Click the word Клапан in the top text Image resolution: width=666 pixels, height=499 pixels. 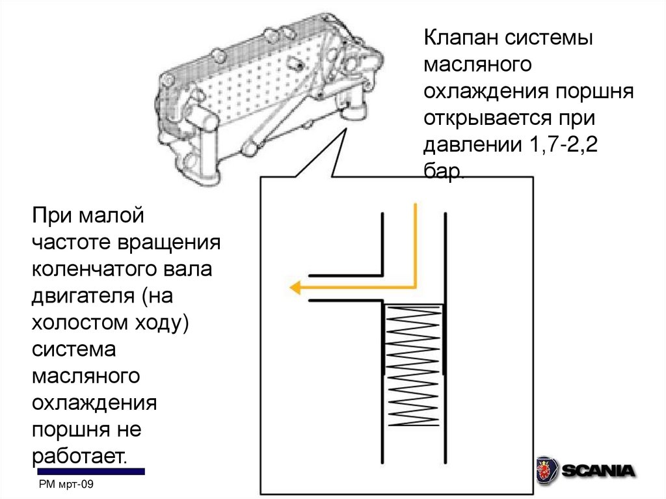pyautogui.click(x=459, y=38)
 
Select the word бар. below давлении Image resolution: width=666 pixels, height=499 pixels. pyautogui.click(x=445, y=171)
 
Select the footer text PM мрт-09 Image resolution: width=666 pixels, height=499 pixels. pyautogui.click(x=67, y=485)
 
